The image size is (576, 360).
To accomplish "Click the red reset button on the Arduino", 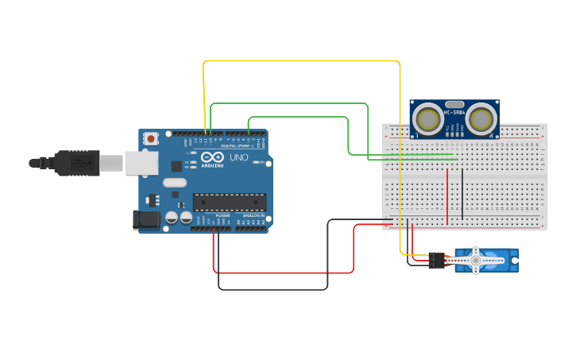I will [151, 138].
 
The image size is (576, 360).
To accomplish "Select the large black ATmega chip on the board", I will [229, 203].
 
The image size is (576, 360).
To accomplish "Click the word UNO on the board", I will [239, 158].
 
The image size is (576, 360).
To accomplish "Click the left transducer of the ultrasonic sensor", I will [430, 119].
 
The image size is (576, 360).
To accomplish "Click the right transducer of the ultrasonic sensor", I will [481, 119].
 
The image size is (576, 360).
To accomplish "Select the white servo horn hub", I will [476, 260].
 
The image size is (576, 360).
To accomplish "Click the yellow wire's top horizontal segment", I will [302, 60].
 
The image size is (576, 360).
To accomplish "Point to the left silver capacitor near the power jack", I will [171, 217].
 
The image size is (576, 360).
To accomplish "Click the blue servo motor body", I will [501, 260].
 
